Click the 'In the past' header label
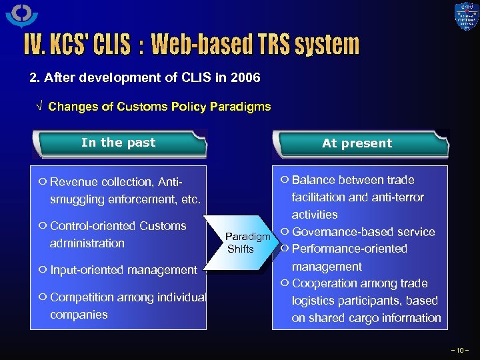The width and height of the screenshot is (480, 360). pos(118,143)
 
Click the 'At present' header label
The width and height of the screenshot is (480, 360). pos(357,143)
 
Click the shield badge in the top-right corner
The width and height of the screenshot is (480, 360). pos(466,17)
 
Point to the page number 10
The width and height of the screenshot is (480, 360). pos(460,349)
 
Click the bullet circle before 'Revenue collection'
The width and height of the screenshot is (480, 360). pos(42,181)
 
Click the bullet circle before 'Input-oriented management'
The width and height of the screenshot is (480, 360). pos(42,269)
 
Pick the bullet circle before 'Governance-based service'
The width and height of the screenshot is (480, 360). pos(285,231)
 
